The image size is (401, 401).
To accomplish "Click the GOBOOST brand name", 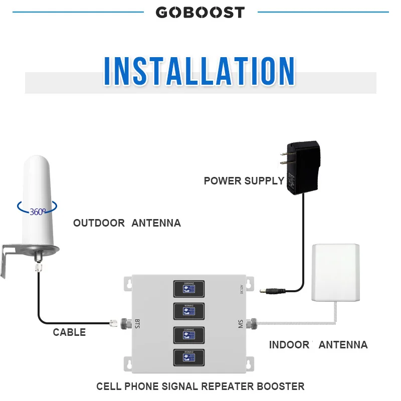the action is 200,12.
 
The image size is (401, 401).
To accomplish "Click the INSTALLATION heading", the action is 200,71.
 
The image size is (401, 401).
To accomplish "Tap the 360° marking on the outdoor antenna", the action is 38,212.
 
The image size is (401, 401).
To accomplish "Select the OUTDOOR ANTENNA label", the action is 127,223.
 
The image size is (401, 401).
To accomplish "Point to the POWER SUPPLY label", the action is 244,181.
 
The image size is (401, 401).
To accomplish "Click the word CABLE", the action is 69,332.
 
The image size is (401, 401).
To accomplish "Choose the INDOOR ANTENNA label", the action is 318,345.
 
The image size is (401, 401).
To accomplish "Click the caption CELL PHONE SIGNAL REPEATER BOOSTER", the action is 200,386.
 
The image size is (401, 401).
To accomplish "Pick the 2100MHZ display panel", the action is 189,335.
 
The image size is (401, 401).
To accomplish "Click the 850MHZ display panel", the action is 189,357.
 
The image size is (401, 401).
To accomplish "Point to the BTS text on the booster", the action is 137,323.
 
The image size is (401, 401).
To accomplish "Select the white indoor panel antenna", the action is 336,273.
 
